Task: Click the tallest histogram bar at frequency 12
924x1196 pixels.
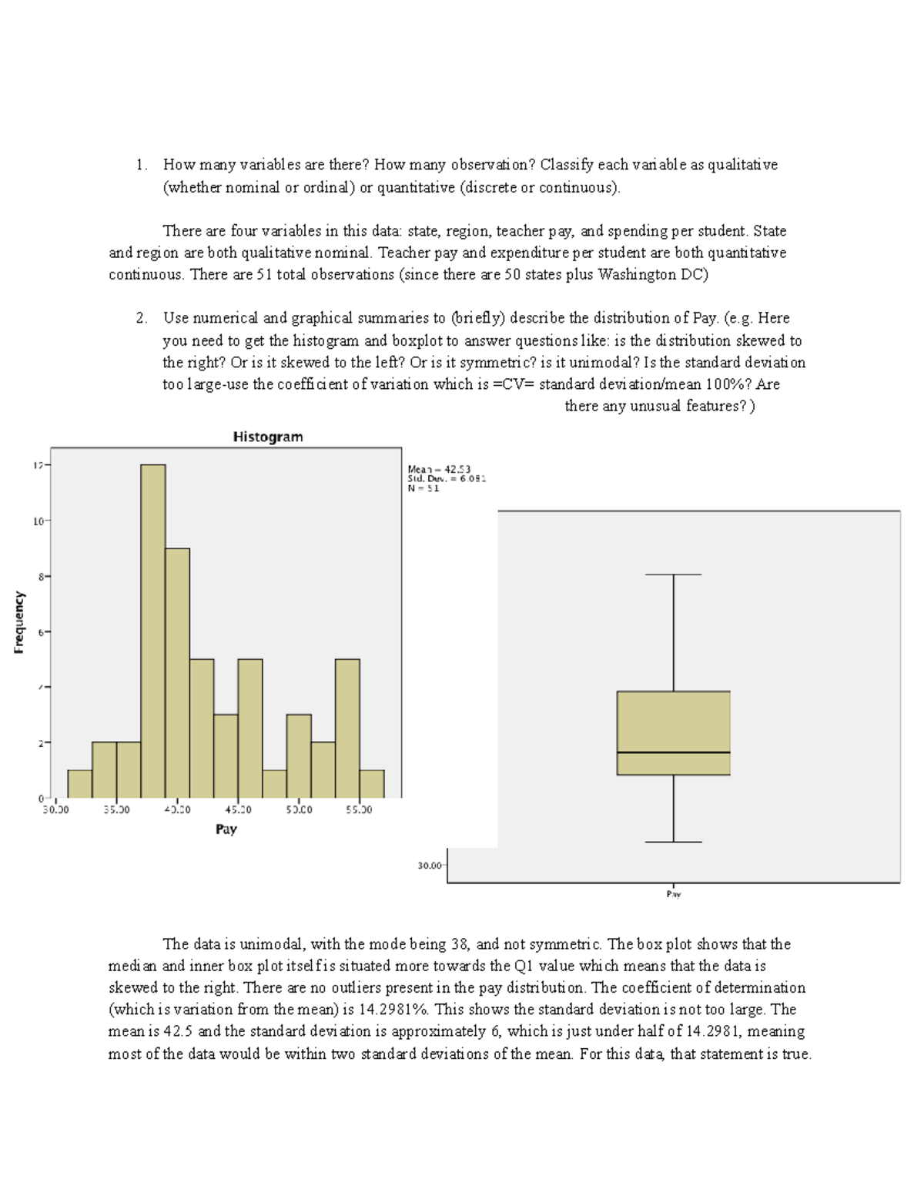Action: click(x=153, y=632)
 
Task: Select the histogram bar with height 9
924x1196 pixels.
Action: click(x=177, y=673)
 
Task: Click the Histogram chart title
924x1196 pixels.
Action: click(x=268, y=437)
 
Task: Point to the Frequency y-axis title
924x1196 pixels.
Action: click(x=19, y=622)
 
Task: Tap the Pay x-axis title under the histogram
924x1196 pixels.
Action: click(x=226, y=829)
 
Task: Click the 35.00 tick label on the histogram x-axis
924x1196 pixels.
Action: click(x=116, y=810)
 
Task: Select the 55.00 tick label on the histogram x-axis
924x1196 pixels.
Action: click(x=360, y=810)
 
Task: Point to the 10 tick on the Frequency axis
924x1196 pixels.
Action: click(x=37, y=521)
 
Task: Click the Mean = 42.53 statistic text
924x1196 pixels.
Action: click(x=439, y=469)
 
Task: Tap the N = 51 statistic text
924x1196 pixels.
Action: click(x=423, y=488)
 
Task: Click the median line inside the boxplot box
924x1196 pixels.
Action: click(x=673, y=752)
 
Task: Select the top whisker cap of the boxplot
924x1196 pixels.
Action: click(x=673, y=575)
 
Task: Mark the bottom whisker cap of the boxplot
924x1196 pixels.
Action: click(x=673, y=842)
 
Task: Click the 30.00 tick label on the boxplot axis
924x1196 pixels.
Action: click(x=429, y=866)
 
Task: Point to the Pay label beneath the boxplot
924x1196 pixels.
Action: click(x=673, y=894)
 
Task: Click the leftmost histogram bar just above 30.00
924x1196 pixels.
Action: click(x=80, y=784)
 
